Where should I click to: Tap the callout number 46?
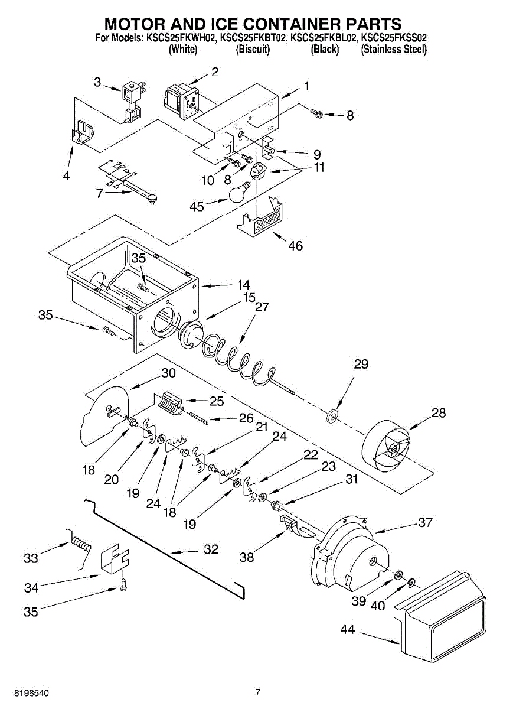(x=295, y=246)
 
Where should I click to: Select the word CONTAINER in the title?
(x=286, y=24)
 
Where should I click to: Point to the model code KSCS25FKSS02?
(x=394, y=38)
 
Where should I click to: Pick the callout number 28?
(x=439, y=412)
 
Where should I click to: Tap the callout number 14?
(x=244, y=285)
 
